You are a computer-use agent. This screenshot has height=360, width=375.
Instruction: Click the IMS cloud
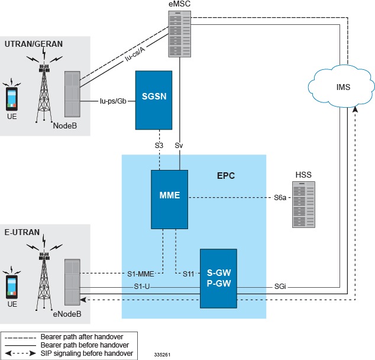pos(342,87)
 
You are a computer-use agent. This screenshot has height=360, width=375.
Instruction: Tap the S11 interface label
pos(188,273)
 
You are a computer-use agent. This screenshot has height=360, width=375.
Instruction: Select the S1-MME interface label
pos(141,273)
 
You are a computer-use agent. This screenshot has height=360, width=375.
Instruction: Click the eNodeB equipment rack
pos(72,281)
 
